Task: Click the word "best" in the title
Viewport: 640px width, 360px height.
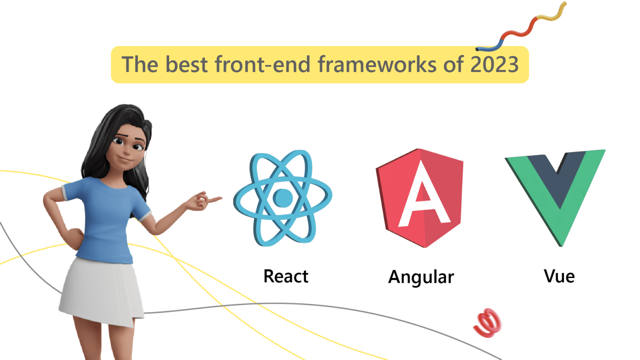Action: click(x=187, y=64)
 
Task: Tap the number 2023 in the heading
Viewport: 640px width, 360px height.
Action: click(x=494, y=64)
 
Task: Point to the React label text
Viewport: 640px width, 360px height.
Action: click(x=286, y=276)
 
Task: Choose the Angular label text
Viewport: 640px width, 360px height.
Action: click(x=421, y=277)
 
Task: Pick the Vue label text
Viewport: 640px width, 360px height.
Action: click(x=559, y=276)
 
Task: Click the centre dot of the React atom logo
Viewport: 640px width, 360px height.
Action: click(x=282, y=198)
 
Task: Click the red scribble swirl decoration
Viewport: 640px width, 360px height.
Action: click(x=488, y=323)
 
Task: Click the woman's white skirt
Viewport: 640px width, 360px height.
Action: click(x=102, y=290)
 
